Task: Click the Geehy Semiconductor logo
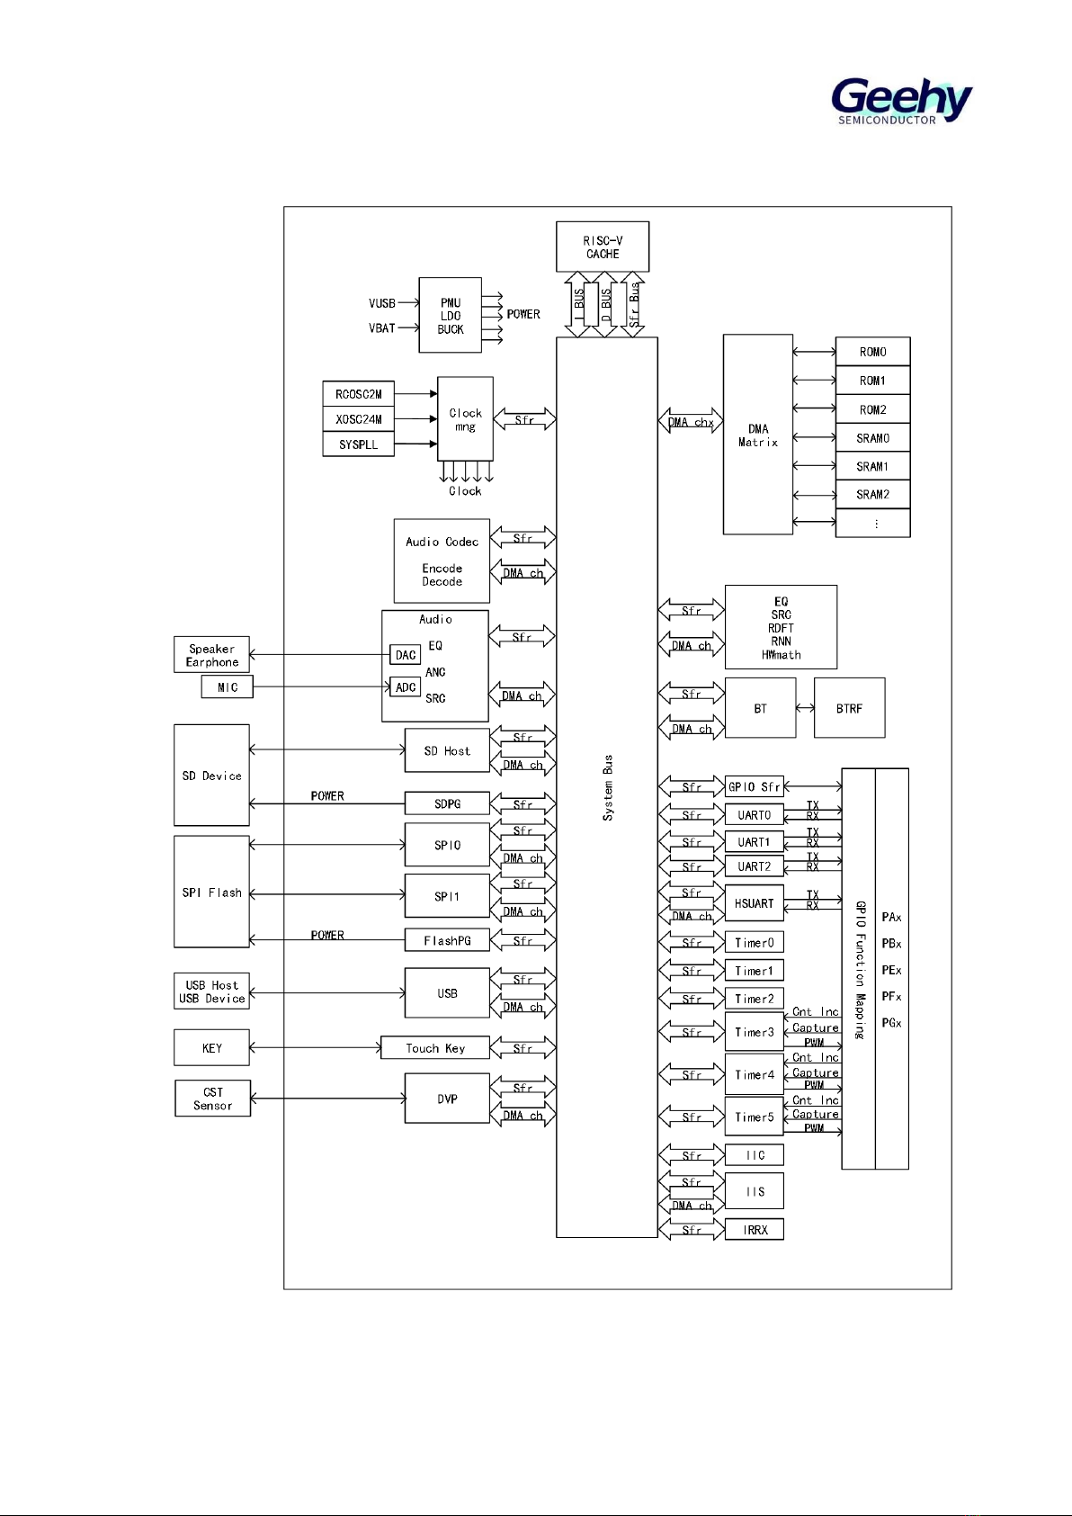point(900,100)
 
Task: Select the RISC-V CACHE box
point(603,247)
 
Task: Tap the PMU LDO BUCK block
point(450,316)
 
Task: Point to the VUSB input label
point(382,303)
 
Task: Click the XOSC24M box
point(358,419)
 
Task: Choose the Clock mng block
point(465,419)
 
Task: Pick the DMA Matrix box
point(758,435)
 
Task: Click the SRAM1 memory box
point(872,466)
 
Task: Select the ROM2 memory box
point(872,409)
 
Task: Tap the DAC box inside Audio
point(406,655)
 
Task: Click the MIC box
point(228,687)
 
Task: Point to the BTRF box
point(849,708)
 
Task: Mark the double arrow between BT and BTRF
point(805,708)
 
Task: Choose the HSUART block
point(754,903)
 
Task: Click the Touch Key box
point(435,1048)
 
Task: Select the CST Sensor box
point(212,1099)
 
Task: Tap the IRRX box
point(755,1230)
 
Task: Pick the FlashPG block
point(447,941)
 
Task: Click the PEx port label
point(891,970)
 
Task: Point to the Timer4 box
point(754,1074)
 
